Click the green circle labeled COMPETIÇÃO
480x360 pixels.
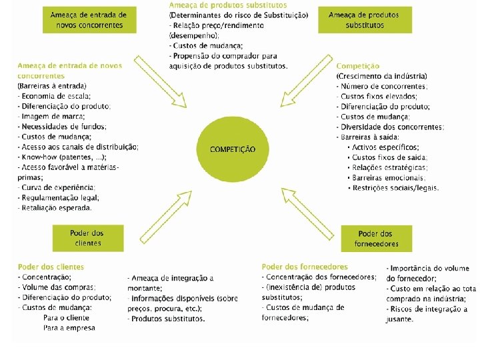pos(232,149)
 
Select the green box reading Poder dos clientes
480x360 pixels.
pos(88,238)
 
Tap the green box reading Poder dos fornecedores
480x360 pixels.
pos(375,239)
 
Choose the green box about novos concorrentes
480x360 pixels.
pos(89,19)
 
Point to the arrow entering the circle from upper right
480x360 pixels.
pos(306,81)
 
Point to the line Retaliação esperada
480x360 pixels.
pos(57,207)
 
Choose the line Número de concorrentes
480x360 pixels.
pos(383,87)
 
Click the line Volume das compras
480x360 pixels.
pos(58,287)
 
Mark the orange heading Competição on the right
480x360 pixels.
pos(358,66)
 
